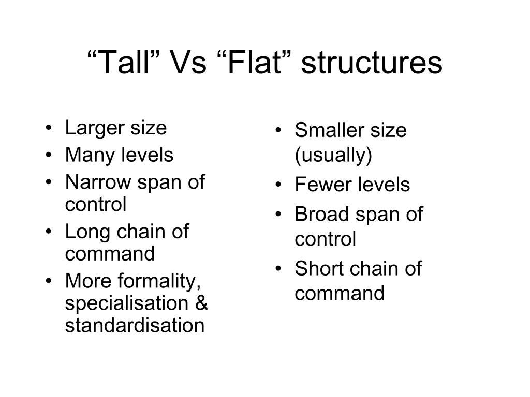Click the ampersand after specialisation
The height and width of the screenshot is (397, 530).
click(201, 303)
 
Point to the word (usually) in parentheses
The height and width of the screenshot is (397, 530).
click(333, 156)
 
